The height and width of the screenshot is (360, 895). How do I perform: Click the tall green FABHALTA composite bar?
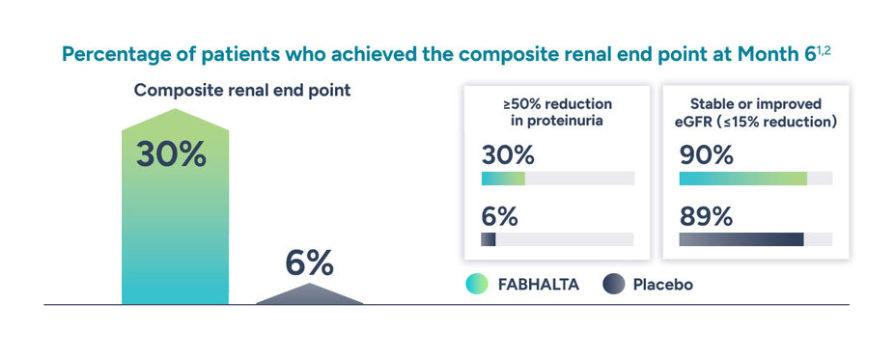point(175,232)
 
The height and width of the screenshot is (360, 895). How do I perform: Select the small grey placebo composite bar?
point(309,294)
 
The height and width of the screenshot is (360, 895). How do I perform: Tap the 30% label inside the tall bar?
point(171,154)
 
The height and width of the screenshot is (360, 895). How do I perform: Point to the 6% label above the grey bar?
point(309,262)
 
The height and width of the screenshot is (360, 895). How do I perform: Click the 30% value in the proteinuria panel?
point(507,155)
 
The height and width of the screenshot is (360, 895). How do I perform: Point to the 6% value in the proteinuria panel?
point(499,216)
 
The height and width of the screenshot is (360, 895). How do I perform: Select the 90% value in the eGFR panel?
point(706,155)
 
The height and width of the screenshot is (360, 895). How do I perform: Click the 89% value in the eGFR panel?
point(706,216)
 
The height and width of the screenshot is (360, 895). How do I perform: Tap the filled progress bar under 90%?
point(742,179)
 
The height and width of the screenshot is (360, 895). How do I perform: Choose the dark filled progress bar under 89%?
point(741,239)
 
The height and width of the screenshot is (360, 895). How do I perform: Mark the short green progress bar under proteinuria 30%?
point(502,179)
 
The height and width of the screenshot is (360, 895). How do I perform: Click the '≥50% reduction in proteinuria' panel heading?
point(547,112)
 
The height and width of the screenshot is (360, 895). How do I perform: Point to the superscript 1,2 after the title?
point(823,48)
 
